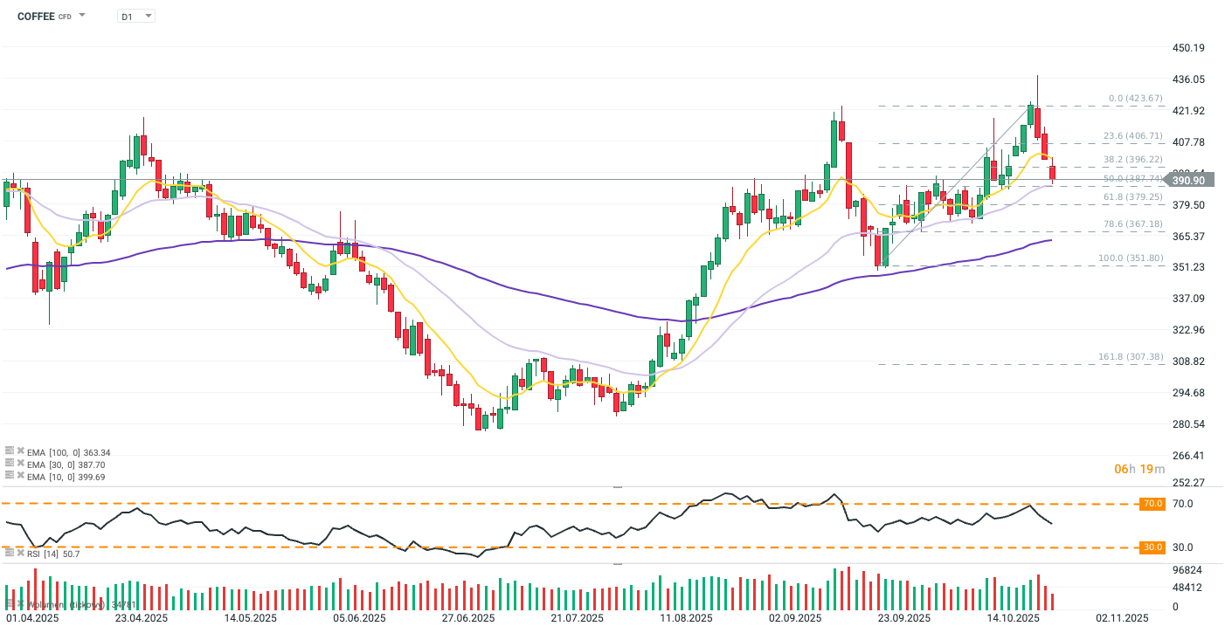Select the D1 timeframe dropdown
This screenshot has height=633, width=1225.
tap(135, 16)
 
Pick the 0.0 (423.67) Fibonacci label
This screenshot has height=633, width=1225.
tap(1136, 99)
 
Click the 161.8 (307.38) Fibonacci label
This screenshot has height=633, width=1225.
tap(1130, 357)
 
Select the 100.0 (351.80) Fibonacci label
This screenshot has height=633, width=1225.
tap(1130, 258)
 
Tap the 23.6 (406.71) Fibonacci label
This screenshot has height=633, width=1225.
tap(1132, 136)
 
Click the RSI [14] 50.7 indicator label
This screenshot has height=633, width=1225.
tap(52, 554)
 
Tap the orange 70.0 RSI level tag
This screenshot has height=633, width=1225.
tap(1152, 504)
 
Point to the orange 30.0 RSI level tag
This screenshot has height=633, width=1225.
tap(1152, 547)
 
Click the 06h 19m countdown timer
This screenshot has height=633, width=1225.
tap(1140, 469)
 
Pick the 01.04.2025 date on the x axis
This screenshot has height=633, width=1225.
tap(31, 618)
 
